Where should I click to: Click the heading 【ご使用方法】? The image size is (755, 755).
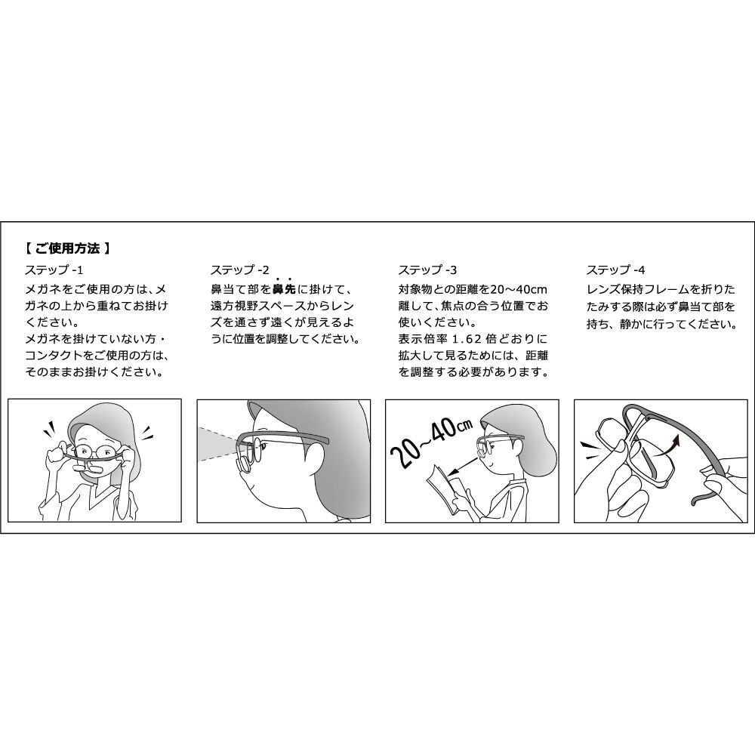click(69, 247)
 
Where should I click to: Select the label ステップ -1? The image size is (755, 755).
click(57, 270)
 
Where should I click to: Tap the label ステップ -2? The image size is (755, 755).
click(240, 270)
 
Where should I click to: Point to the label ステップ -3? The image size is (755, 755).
click(427, 270)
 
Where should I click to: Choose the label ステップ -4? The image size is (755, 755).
click(615, 270)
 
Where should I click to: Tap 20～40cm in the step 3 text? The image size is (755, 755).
click(519, 289)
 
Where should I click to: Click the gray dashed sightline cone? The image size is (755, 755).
click(219, 445)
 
